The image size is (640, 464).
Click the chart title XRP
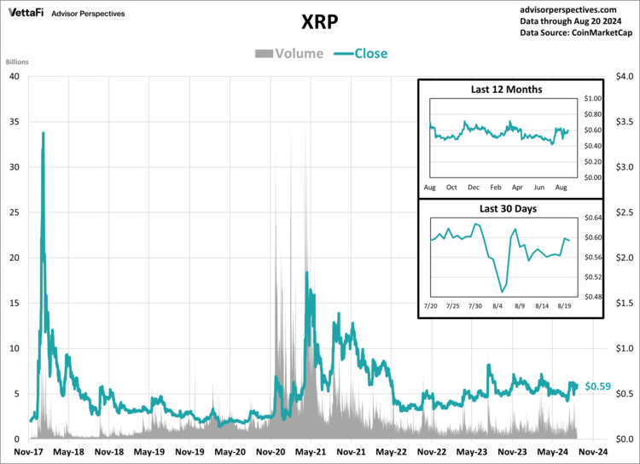pos(320,20)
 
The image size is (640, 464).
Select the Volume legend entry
pos(289,54)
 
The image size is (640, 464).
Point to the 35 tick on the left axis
pos(15,121)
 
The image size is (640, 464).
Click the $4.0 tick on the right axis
pos(625,76)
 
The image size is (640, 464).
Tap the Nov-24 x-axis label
pos(594,452)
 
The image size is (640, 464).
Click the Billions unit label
pos(18,63)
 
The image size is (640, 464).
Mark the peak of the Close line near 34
pos(43,133)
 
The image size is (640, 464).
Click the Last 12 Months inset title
pos(506,90)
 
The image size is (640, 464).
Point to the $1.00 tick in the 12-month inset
pos(592,99)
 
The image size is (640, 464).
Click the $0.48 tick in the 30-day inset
pos(592,297)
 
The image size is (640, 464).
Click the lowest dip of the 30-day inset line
pos(502,292)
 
